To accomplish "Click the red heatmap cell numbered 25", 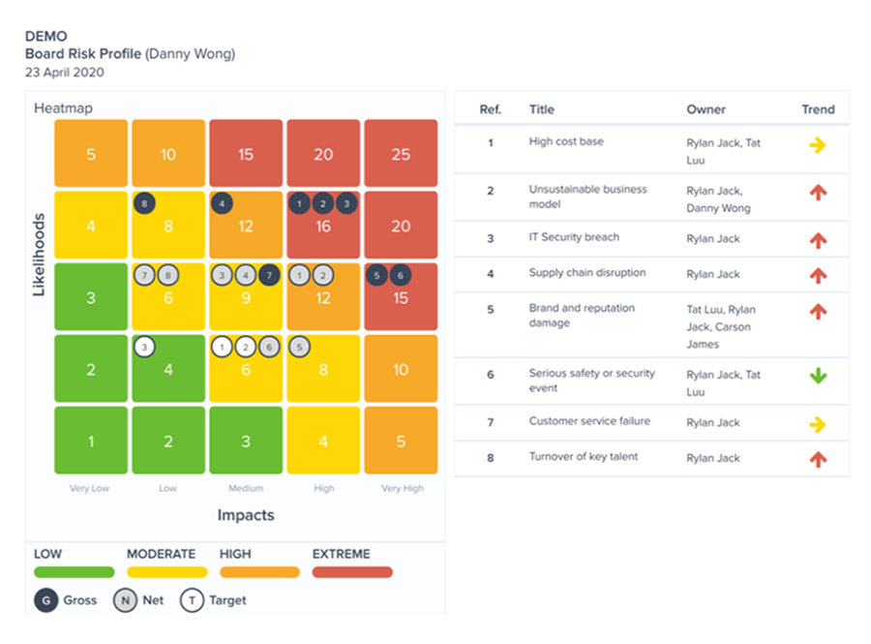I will point(401,154).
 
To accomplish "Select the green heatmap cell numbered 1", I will point(91,441).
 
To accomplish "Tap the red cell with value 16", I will point(323,226).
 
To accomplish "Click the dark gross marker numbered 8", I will point(144,203).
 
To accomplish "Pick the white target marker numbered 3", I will point(144,347).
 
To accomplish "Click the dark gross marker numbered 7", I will point(269,276).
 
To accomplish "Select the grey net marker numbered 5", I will point(300,347).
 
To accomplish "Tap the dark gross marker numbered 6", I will point(398,276).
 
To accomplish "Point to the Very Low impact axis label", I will point(89,488).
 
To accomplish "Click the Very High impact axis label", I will point(401,488).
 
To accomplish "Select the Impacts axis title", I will point(246,515).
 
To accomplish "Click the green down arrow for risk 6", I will point(818,376).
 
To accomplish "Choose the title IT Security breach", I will point(574,237).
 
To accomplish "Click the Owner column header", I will point(706,109).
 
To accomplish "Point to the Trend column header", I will point(818,109).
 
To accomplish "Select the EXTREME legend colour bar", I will point(352,572).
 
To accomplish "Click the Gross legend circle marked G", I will point(45,600).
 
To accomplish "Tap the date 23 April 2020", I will point(65,72).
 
